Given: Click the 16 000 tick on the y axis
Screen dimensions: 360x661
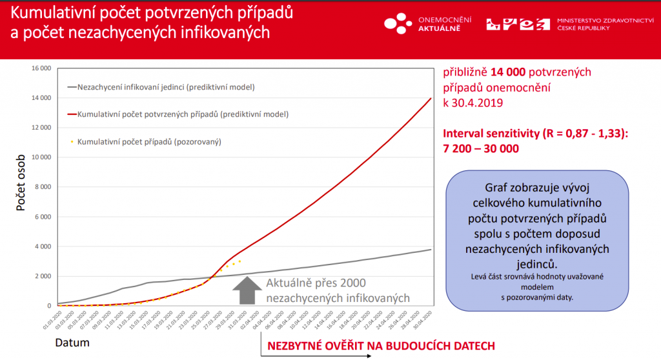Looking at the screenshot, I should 41,68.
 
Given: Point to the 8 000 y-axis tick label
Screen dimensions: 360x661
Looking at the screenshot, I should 43,187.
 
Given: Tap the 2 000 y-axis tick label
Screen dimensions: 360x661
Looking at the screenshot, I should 43,276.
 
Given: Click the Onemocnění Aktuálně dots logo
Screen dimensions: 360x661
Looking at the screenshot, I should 397,24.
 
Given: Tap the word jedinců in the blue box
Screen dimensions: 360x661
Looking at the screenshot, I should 537,263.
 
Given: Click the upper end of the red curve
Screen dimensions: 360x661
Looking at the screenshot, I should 431,99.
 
